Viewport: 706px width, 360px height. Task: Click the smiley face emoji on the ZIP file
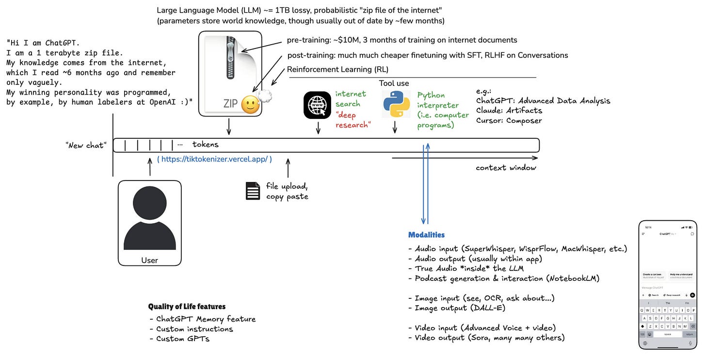[250, 104]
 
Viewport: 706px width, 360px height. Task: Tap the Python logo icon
[396, 104]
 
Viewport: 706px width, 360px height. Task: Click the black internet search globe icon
[318, 105]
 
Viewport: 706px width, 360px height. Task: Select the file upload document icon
[253, 191]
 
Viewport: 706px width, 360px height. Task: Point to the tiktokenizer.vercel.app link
[214, 159]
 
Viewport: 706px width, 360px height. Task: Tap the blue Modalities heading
[426, 235]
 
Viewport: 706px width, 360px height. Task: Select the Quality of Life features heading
[187, 307]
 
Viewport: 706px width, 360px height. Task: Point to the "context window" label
[506, 168]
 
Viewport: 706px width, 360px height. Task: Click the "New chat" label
[86, 145]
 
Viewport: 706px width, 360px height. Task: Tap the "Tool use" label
[394, 83]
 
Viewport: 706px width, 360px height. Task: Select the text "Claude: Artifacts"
[509, 111]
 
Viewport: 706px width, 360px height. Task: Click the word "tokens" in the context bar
[205, 145]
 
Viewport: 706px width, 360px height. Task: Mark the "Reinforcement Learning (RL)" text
[337, 69]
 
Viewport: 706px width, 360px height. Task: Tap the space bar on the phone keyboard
[667, 334]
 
